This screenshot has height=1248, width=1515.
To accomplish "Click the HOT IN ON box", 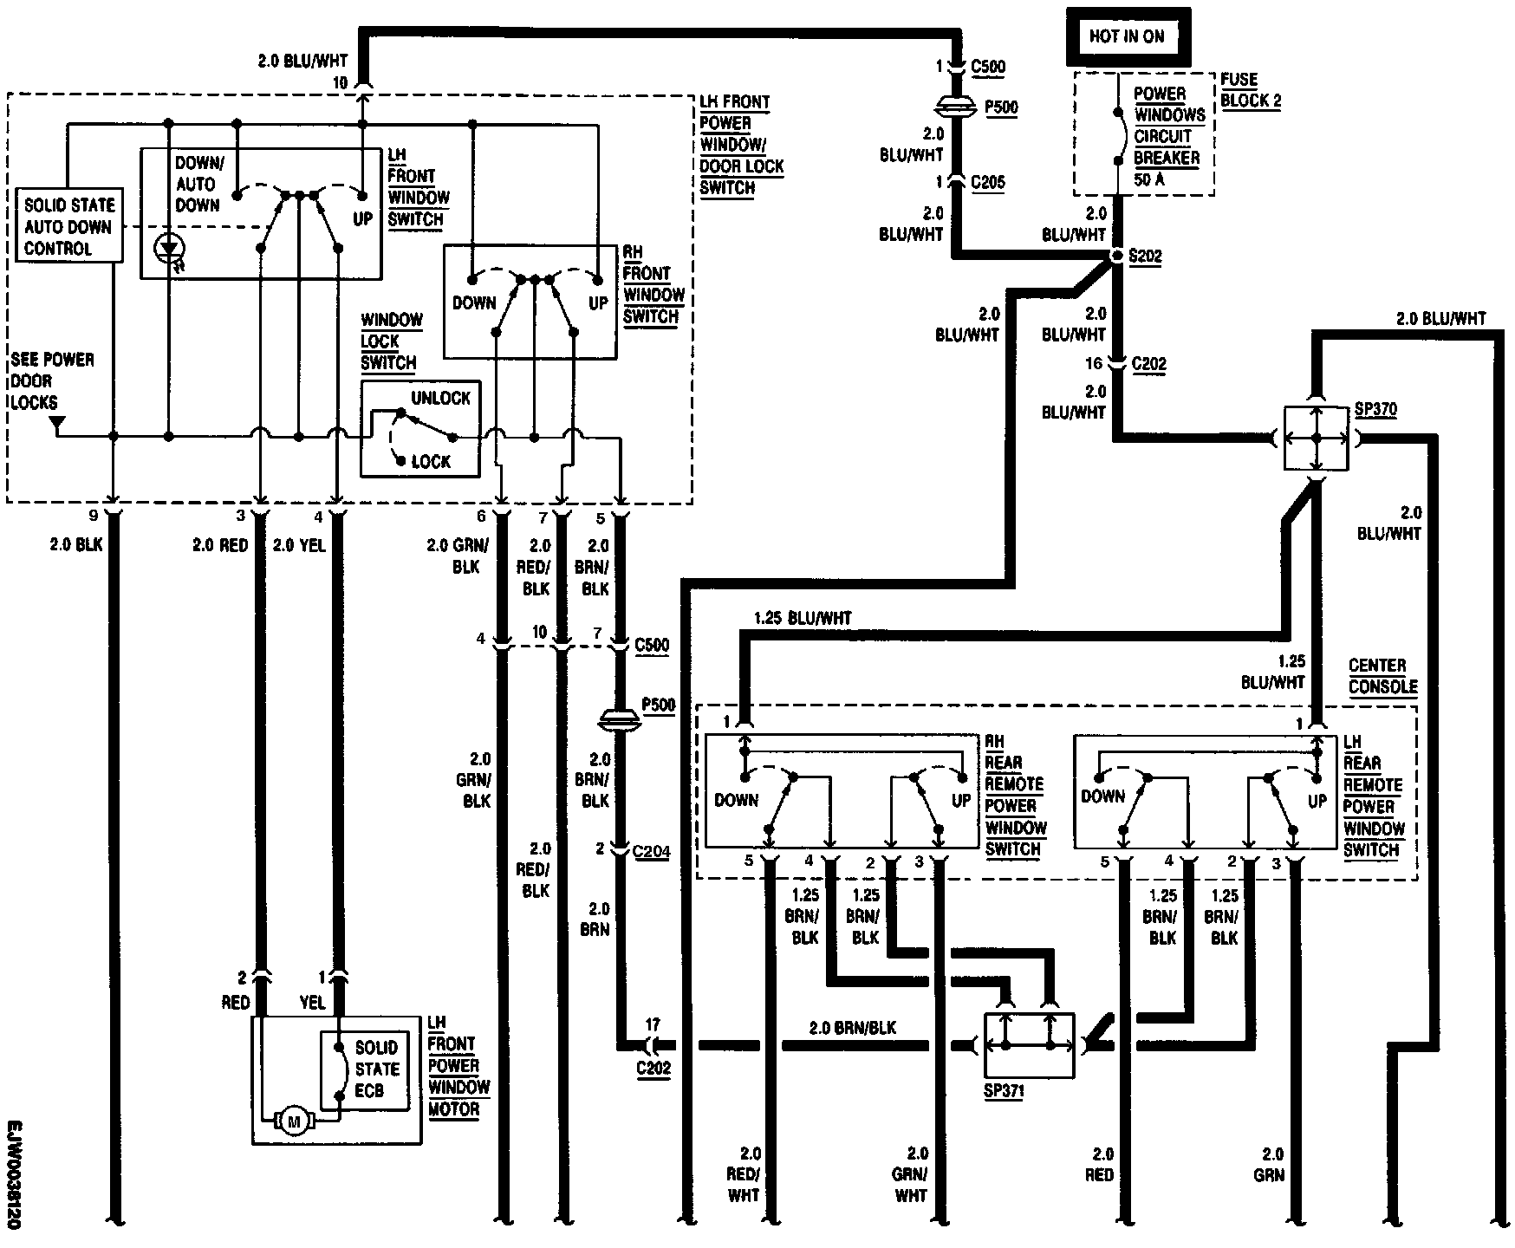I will pyautogui.click(x=1127, y=37).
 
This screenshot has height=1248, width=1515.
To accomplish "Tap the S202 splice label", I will pyautogui.click(x=1145, y=257).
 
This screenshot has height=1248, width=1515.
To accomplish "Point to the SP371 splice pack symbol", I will pyautogui.click(x=1028, y=1045).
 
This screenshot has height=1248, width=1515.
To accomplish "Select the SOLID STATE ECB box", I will pyautogui.click(x=364, y=1069).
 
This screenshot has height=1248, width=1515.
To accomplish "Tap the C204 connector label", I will pyautogui.click(x=651, y=851).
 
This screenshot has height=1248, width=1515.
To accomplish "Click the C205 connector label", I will pyautogui.click(x=988, y=183).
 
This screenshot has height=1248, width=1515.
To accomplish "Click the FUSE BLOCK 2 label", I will pyautogui.click(x=1251, y=90).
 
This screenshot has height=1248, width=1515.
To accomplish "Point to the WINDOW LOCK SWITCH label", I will pyautogui.click(x=390, y=341).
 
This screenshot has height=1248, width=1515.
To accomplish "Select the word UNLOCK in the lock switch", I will pyautogui.click(x=440, y=399).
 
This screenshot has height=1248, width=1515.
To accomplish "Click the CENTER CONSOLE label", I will pyautogui.click(x=1382, y=676).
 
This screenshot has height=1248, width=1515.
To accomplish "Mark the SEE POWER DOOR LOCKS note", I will pyautogui.click(x=52, y=381).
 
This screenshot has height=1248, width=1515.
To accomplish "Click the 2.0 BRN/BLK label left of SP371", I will pyautogui.click(x=853, y=1029).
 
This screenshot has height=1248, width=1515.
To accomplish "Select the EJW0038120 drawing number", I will pyautogui.click(x=15, y=1174).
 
